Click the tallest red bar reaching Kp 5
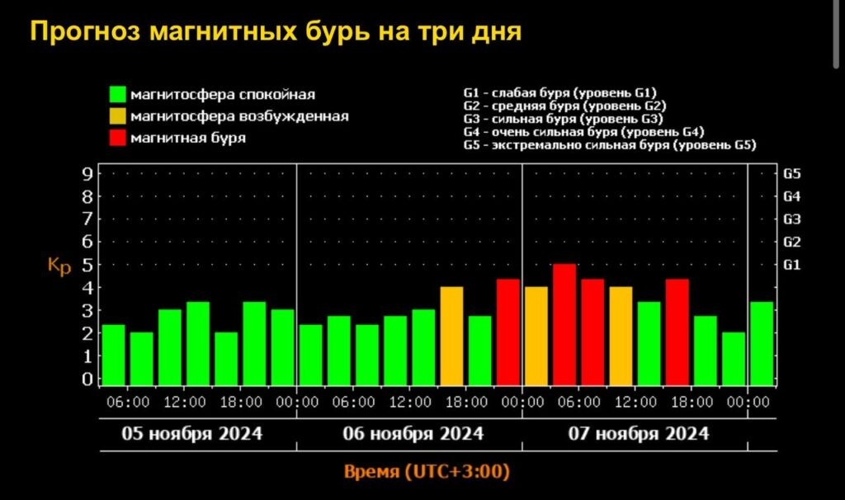(x=564, y=324)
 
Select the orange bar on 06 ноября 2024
(x=451, y=336)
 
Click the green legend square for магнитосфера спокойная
(x=118, y=94)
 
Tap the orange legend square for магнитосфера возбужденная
(x=118, y=116)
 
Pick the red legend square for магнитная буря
(x=118, y=138)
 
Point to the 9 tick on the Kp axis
(x=86, y=174)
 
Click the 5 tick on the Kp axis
(x=86, y=265)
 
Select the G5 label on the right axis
(x=791, y=174)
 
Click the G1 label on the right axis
(x=791, y=265)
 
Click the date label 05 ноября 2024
(x=192, y=434)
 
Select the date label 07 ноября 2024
(x=639, y=434)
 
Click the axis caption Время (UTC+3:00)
(x=426, y=472)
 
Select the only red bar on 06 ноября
(x=507, y=332)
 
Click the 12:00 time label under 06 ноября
(x=410, y=402)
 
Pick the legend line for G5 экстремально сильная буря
(x=610, y=144)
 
